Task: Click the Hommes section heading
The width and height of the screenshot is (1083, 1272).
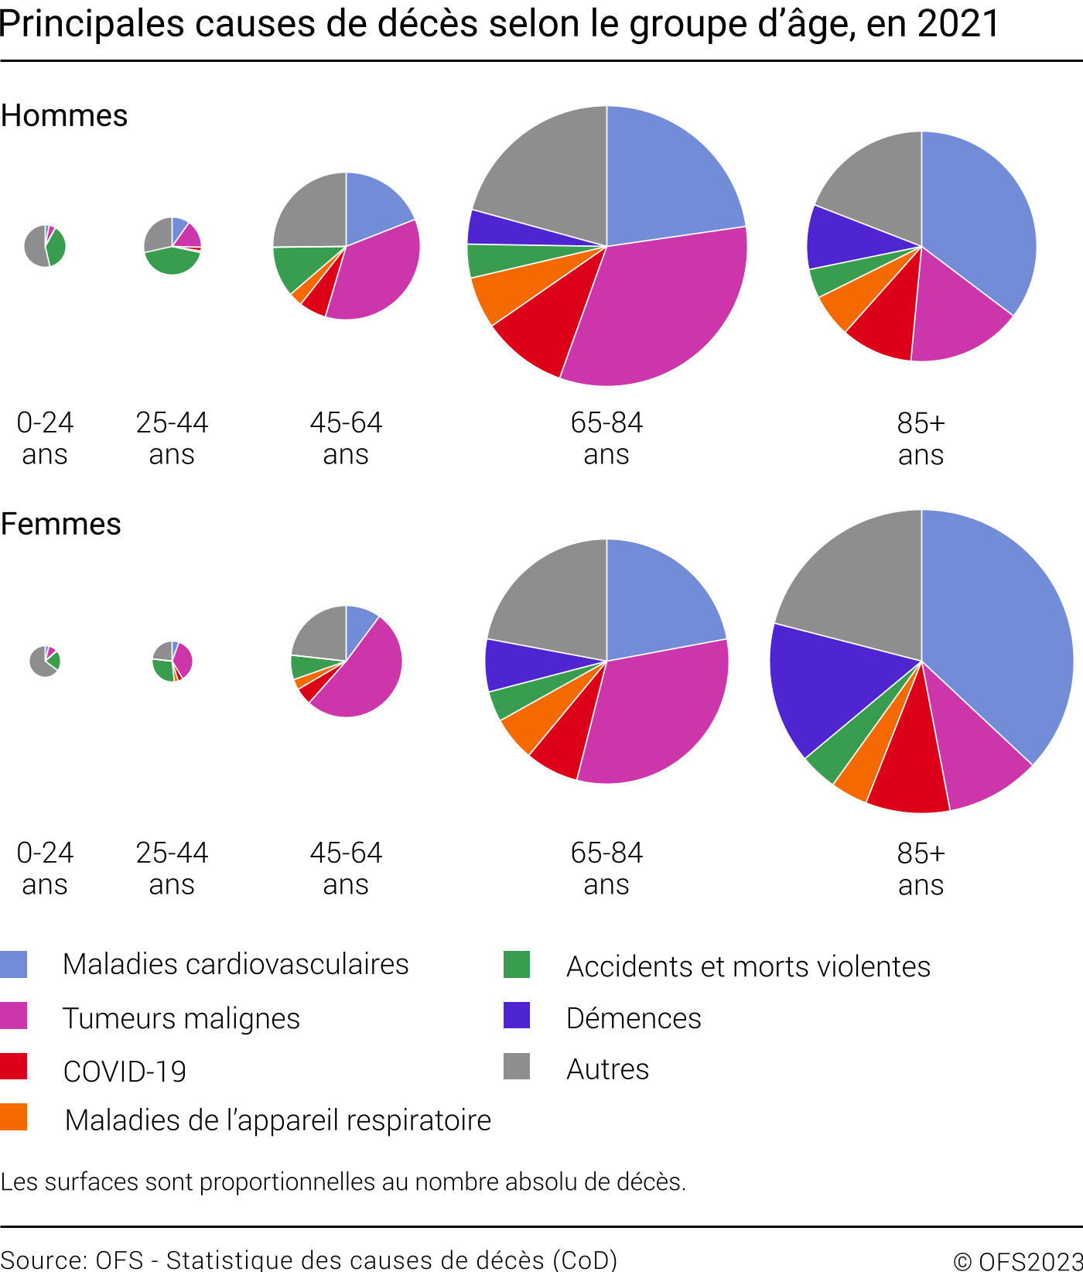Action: [x=64, y=116]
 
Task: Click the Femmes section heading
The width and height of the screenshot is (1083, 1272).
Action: [x=61, y=525]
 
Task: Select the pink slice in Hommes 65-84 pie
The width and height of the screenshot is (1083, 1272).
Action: [x=658, y=309]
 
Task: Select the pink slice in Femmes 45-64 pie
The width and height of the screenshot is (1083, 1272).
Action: [x=364, y=673]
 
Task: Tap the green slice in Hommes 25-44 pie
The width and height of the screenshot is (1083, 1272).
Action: [x=172, y=262]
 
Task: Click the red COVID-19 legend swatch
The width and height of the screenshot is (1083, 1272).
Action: [x=14, y=1067]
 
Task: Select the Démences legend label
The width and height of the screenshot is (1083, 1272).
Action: [x=634, y=1019]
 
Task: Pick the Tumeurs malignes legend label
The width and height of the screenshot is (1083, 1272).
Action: [x=181, y=1019]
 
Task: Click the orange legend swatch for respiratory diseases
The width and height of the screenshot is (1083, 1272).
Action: [x=14, y=1117]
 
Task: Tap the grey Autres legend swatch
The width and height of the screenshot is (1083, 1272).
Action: [x=517, y=1066]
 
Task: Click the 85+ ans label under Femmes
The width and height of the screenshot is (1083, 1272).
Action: [x=921, y=869]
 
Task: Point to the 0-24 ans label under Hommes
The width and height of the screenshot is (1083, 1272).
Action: [x=45, y=439]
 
